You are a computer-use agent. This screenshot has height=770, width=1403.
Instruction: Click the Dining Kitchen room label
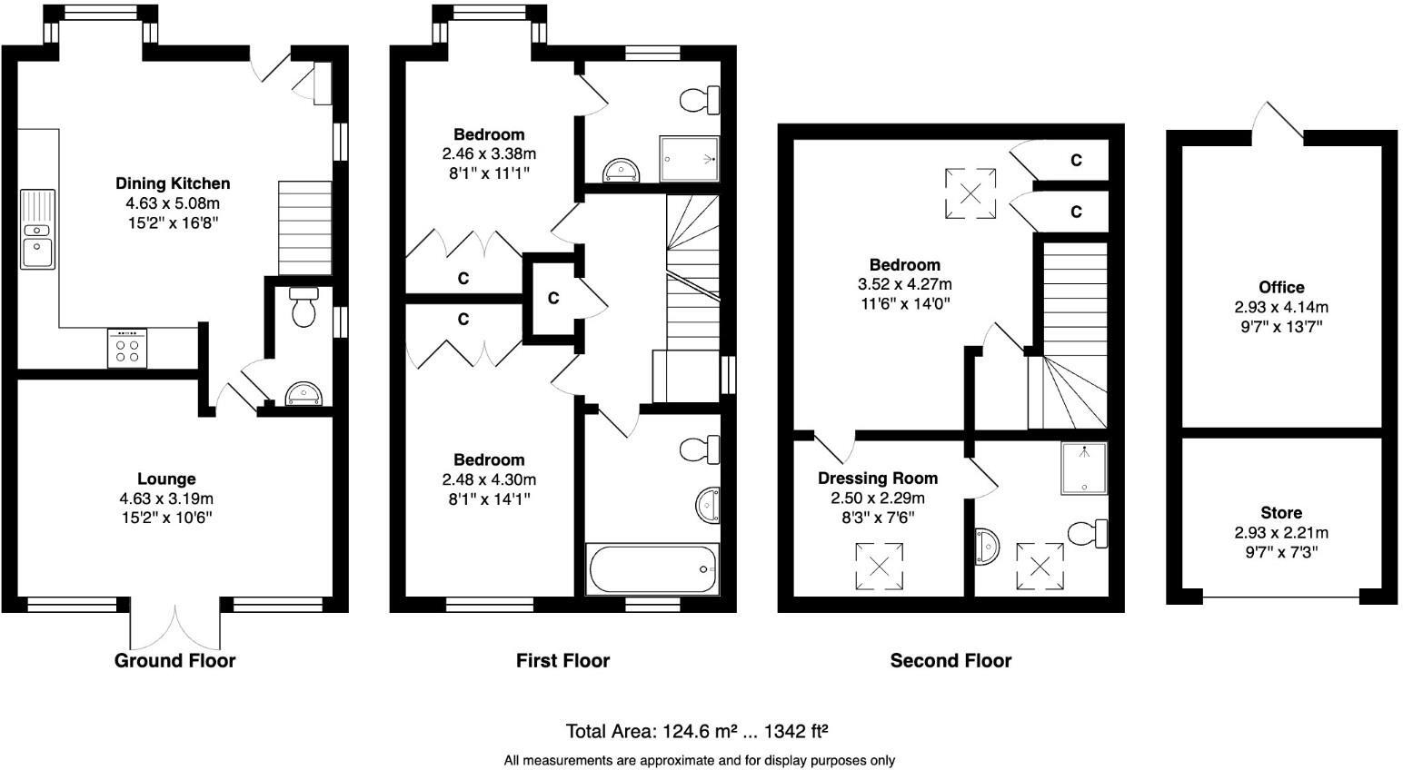click(x=173, y=184)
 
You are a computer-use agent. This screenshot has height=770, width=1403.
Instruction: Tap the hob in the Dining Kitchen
click(x=127, y=348)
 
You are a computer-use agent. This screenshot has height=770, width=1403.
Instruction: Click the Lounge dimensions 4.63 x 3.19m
click(x=166, y=499)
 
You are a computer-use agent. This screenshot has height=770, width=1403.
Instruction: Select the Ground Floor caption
click(x=174, y=661)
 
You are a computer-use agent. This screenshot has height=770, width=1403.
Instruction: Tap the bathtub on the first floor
click(x=652, y=569)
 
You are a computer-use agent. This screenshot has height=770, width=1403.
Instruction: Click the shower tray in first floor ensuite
click(x=693, y=159)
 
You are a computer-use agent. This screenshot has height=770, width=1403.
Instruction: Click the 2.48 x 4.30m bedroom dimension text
click(x=489, y=479)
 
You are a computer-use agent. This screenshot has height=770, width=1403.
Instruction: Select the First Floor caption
click(x=562, y=661)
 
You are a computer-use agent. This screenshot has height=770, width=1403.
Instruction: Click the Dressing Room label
click(x=878, y=479)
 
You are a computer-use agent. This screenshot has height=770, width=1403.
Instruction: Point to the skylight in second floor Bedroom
click(x=970, y=192)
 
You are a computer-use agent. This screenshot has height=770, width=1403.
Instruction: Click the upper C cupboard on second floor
click(x=1076, y=161)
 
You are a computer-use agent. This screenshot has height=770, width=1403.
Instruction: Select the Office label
click(x=1281, y=288)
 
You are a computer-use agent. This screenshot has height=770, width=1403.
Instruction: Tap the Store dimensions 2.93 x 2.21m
click(x=1281, y=533)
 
